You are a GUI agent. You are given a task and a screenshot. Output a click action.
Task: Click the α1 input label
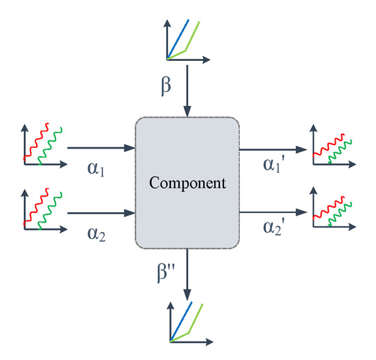(96, 168)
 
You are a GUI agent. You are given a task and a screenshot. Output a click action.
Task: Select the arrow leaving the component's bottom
(187, 274)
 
